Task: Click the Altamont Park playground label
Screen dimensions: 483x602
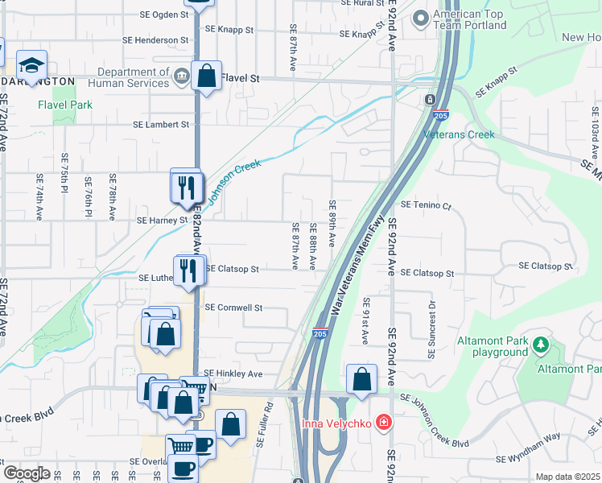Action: click(x=493, y=346)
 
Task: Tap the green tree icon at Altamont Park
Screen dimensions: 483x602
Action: click(x=541, y=346)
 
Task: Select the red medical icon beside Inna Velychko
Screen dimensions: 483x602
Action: click(x=384, y=422)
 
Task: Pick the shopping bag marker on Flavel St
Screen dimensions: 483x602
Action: click(x=207, y=77)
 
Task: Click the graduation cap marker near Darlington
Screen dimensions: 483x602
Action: click(x=31, y=66)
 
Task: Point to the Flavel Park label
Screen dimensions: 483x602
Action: click(x=65, y=105)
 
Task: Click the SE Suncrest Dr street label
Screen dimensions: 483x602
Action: click(x=432, y=322)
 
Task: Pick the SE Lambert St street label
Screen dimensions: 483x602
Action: click(x=161, y=125)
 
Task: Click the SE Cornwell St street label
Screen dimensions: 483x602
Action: click(x=233, y=308)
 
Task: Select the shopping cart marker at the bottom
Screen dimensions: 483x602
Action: click(x=180, y=445)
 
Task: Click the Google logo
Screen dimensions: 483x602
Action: click(x=27, y=473)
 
